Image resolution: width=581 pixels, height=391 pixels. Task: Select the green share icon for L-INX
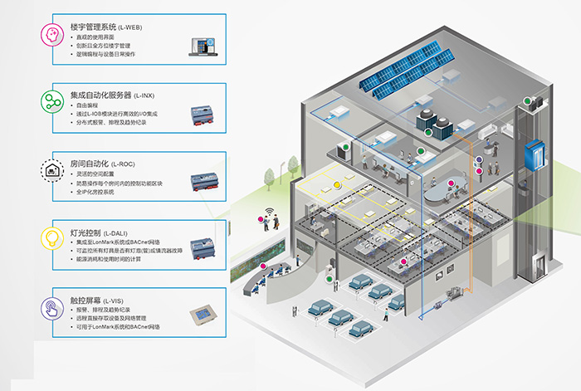pos(51,102)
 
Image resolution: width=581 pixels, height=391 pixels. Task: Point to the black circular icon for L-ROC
pos(51,171)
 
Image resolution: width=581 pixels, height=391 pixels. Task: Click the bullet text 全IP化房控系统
pos(105,193)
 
